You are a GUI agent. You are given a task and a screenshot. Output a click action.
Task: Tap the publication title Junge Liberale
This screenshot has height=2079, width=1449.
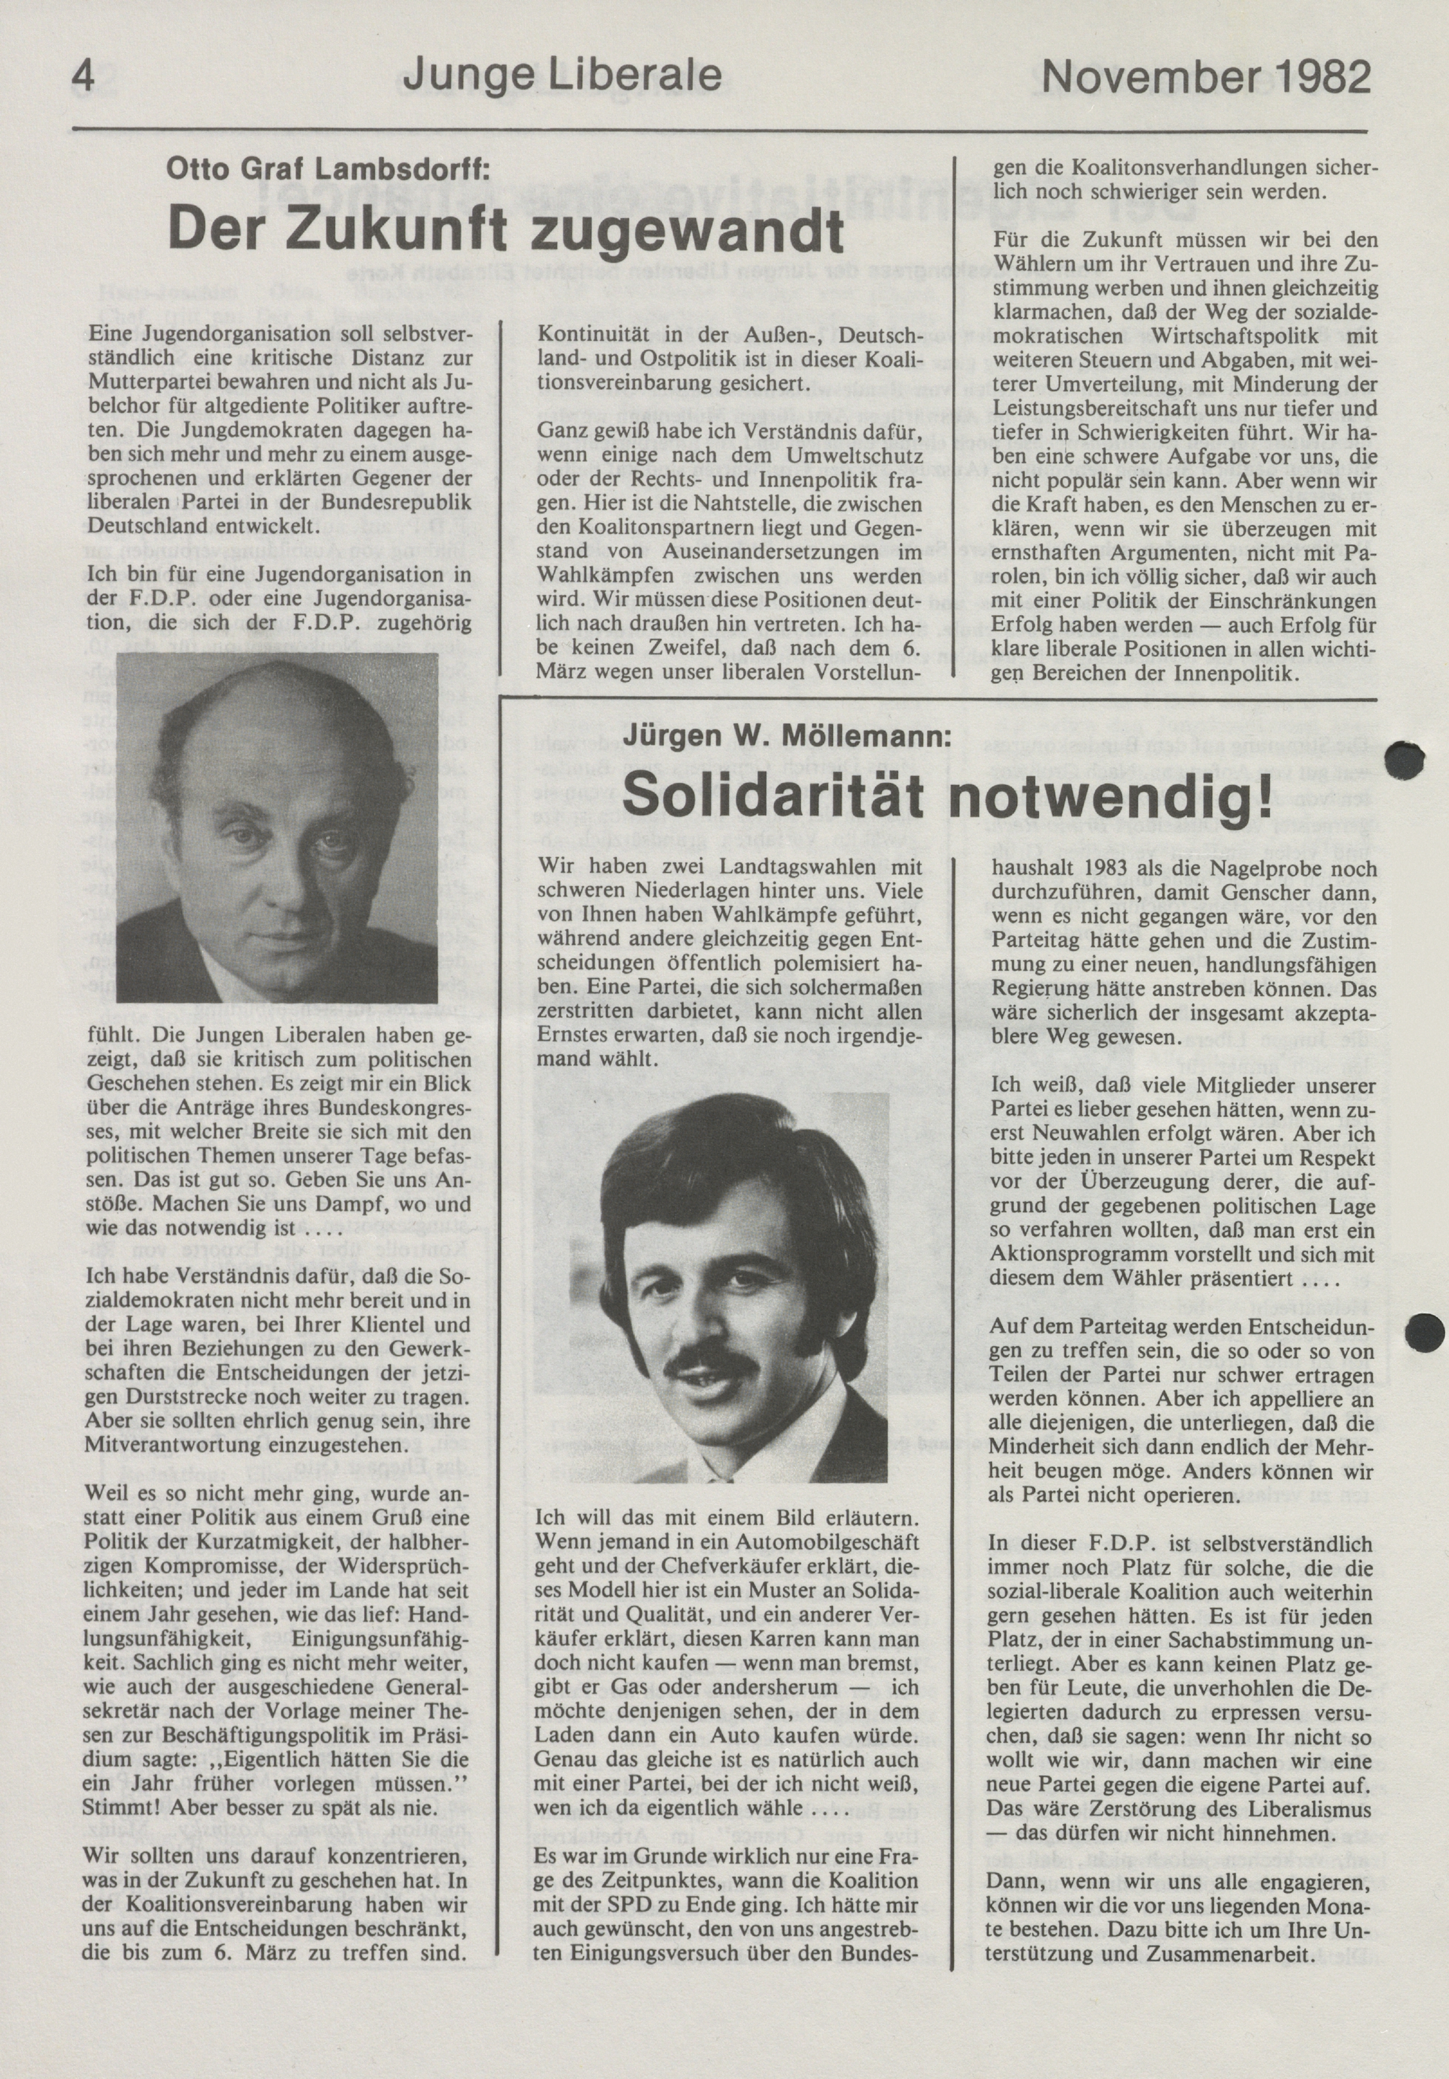click(x=561, y=79)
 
